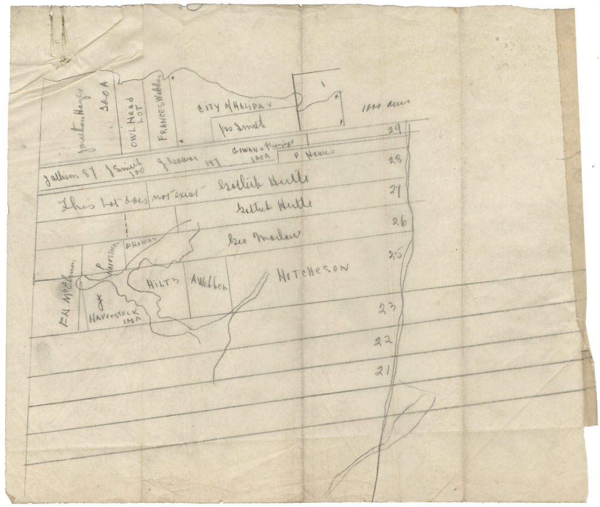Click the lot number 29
(x=395, y=129)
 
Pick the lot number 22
(x=383, y=341)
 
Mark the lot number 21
(x=380, y=370)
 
